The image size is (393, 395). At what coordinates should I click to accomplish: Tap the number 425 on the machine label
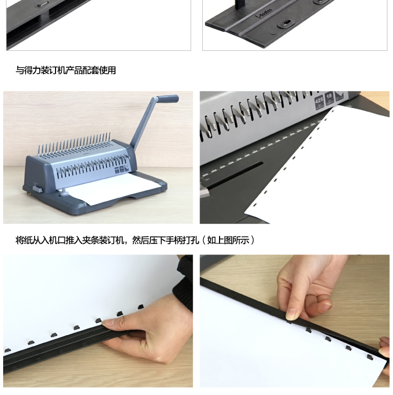click(x=319, y=100)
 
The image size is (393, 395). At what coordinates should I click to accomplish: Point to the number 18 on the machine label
click(x=329, y=96)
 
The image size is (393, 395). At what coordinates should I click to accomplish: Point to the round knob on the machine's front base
click(x=64, y=192)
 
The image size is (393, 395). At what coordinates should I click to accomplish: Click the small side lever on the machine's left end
click(x=37, y=188)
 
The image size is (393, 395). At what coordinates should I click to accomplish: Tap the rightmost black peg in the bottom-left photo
click(x=140, y=307)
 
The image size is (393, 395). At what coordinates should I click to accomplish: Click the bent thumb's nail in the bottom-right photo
click(x=326, y=305)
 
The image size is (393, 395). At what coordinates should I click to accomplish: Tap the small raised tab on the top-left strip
click(x=43, y=4)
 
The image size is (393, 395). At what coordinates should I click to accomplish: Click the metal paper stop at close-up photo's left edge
click(x=204, y=192)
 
